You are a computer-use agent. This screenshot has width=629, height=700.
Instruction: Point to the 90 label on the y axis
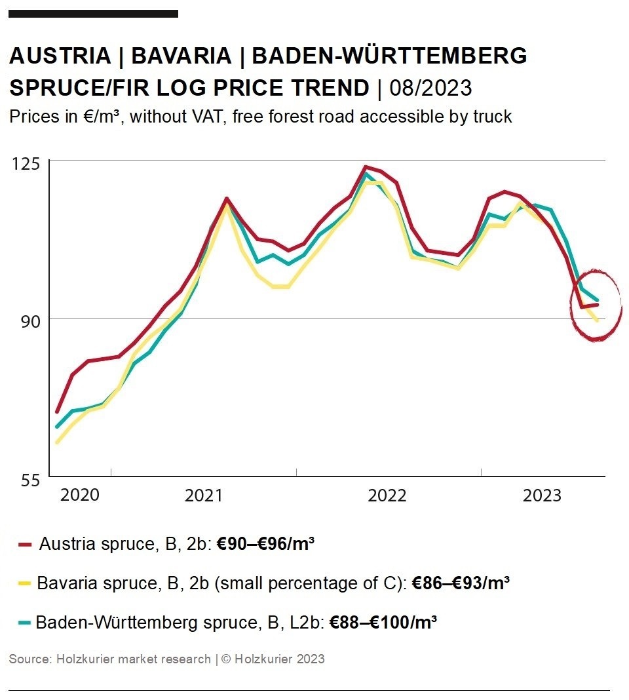click(25, 321)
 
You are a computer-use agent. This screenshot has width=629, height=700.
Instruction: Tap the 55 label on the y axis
click(25, 480)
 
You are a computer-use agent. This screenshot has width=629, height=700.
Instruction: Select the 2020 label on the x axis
click(80, 495)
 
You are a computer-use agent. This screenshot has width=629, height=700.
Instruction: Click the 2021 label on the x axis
click(204, 495)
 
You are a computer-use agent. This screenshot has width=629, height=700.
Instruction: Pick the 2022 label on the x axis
click(387, 495)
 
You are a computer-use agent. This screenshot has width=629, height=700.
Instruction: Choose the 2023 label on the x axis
click(542, 495)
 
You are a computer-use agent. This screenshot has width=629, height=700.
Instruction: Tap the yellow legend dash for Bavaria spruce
click(25, 583)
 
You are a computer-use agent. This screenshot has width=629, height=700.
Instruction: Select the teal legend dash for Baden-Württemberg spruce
click(25, 622)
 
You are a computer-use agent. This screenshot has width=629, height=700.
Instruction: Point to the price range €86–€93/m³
click(461, 583)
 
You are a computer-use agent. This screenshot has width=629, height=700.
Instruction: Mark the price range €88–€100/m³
click(383, 622)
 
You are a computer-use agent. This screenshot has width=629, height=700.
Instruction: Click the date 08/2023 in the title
click(430, 87)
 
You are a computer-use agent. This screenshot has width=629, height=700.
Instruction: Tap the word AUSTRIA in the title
click(60, 56)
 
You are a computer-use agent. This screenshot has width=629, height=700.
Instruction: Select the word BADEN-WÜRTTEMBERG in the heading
click(389, 56)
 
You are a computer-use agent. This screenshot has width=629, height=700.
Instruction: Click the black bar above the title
click(94, 13)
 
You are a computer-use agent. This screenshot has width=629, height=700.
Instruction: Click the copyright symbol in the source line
click(226, 659)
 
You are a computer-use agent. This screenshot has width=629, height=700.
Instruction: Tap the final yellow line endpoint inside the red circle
click(597, 321)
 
